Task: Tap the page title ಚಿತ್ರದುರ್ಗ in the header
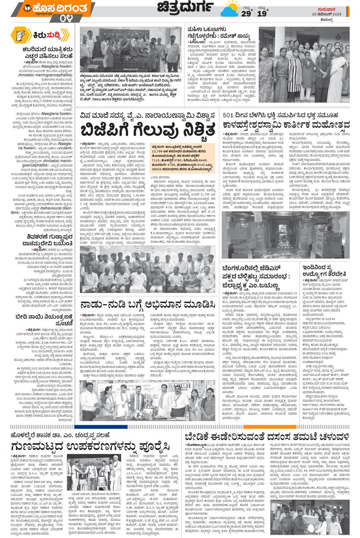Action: tap(186, 7)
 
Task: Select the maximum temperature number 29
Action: tap(246, 14)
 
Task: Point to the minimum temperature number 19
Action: tap(262, 14)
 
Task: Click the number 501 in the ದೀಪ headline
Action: tap(229, 115)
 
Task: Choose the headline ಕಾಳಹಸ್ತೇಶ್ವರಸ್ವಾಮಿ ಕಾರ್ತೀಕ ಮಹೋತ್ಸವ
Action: tap(286, 125)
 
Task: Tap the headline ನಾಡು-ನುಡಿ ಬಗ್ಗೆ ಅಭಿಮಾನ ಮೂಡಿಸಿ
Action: tap(147, 305)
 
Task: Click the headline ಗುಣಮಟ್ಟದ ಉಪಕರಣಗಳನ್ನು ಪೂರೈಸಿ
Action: tap(90, 446)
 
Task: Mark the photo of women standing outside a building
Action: tap(304, 65)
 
